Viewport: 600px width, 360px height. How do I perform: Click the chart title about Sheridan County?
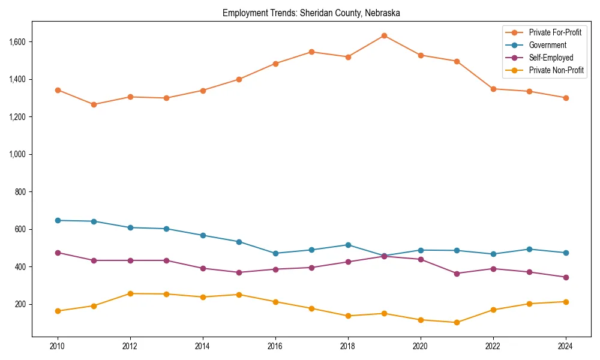pos(311,13)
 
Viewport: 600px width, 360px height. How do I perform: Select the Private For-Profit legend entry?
pos(555,32)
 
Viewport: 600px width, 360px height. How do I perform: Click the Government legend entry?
pos(547,45)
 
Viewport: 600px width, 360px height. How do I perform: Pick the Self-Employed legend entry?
pos(551,58)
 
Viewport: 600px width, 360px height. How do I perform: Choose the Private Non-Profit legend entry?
pos(556,70)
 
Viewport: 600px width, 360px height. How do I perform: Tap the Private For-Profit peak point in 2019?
pos(384,35)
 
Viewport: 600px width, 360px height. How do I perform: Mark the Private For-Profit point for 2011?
pos(94,104)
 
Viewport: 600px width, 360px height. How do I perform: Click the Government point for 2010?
pos(58,220)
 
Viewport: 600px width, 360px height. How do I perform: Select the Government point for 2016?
pos(275,253)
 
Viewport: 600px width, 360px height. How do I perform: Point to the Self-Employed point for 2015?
pos(239,272)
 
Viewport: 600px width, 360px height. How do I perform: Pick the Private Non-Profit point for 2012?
pos(130,293)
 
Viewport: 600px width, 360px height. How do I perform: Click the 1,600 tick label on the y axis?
pos(17,41)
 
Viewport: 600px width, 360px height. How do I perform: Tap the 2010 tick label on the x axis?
pos(58,346)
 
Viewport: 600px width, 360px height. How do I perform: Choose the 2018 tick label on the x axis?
pos(348,346)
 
